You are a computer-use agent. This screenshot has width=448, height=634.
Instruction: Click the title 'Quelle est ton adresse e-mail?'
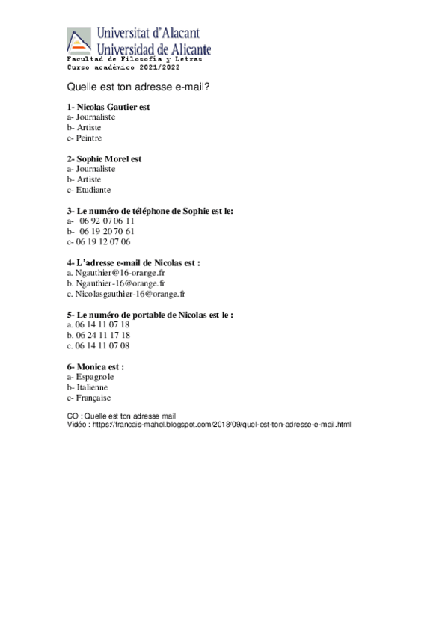coord(138,87)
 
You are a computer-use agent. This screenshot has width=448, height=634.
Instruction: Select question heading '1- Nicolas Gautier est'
coord(108,107)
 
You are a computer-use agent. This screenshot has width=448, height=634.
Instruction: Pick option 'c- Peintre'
coord(84,138)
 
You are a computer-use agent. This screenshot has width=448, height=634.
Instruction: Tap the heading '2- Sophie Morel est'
coord(104,158)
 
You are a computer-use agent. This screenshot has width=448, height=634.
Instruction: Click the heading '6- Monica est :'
coord(96,367)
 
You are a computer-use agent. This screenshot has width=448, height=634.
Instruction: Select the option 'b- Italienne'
coord(88,387)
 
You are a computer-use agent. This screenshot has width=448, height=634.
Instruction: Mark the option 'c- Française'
coord(89,398)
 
